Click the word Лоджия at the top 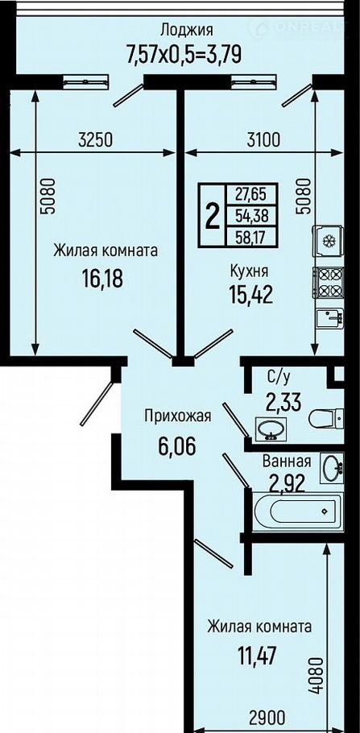tap(187, 31)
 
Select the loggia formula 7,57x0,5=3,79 tap(184, 54)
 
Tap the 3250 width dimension tap(96, 139)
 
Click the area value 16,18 tap(101, 279)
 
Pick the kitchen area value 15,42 tap(250, 295)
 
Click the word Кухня tap(249, 271)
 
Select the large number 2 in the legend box tap(213, 216)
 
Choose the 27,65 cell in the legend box tap(252, 193)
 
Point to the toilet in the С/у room tap(326, 418)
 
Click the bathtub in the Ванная tap(298, 511)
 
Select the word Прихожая tap(178, 416)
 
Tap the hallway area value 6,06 tap(177, 447)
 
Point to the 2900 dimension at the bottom tap(267, 717)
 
